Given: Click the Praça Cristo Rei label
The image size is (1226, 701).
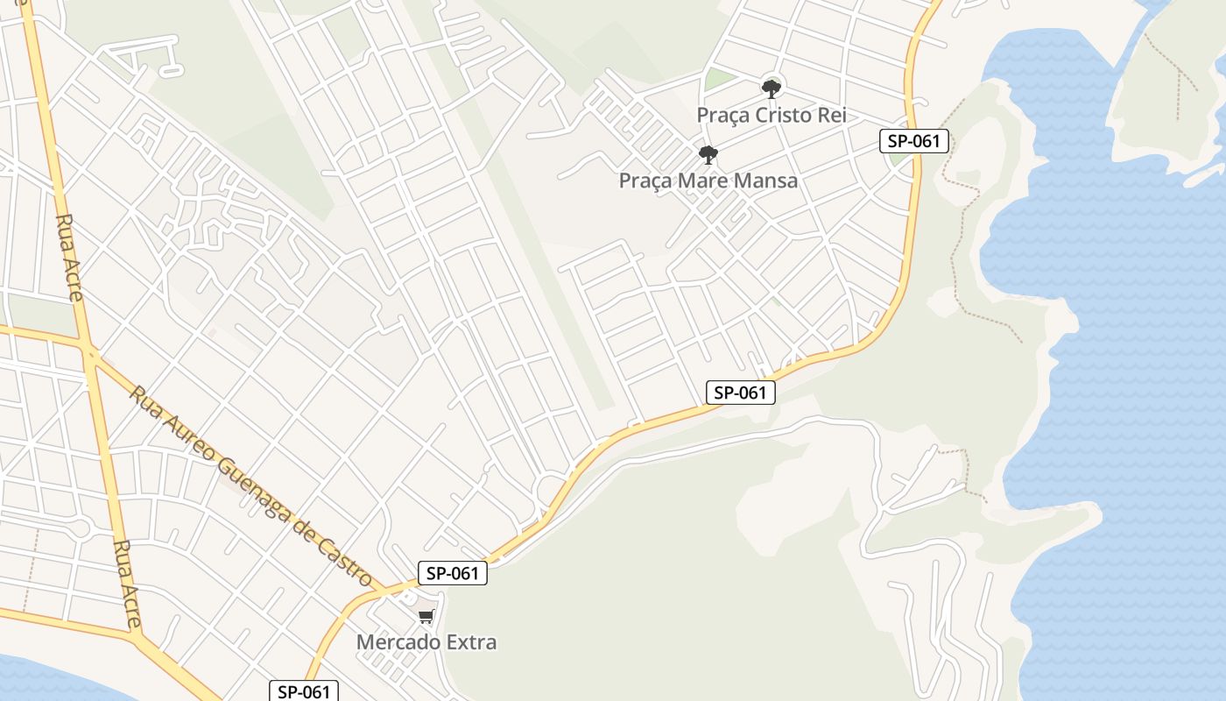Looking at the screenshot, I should coord(771,115).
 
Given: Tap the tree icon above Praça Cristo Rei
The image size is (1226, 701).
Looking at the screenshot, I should coord(771,88).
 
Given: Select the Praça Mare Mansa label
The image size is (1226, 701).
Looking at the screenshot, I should coord(708,181).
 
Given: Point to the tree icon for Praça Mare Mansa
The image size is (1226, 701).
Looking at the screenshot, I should coord(708,155).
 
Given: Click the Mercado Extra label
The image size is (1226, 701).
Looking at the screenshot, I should coord(426,641).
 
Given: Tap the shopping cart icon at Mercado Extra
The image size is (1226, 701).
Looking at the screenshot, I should coord(426,617).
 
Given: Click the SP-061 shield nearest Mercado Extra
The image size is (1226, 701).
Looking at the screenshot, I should coord(452,573).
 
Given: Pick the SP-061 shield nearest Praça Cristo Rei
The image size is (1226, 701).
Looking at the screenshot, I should coord(914,141).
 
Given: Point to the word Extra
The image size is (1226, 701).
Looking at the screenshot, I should coord(471,641).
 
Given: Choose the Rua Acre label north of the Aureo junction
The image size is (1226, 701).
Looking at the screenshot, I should coord(69,257).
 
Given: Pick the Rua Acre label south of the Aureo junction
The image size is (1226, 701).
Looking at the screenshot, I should coord(127,584).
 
